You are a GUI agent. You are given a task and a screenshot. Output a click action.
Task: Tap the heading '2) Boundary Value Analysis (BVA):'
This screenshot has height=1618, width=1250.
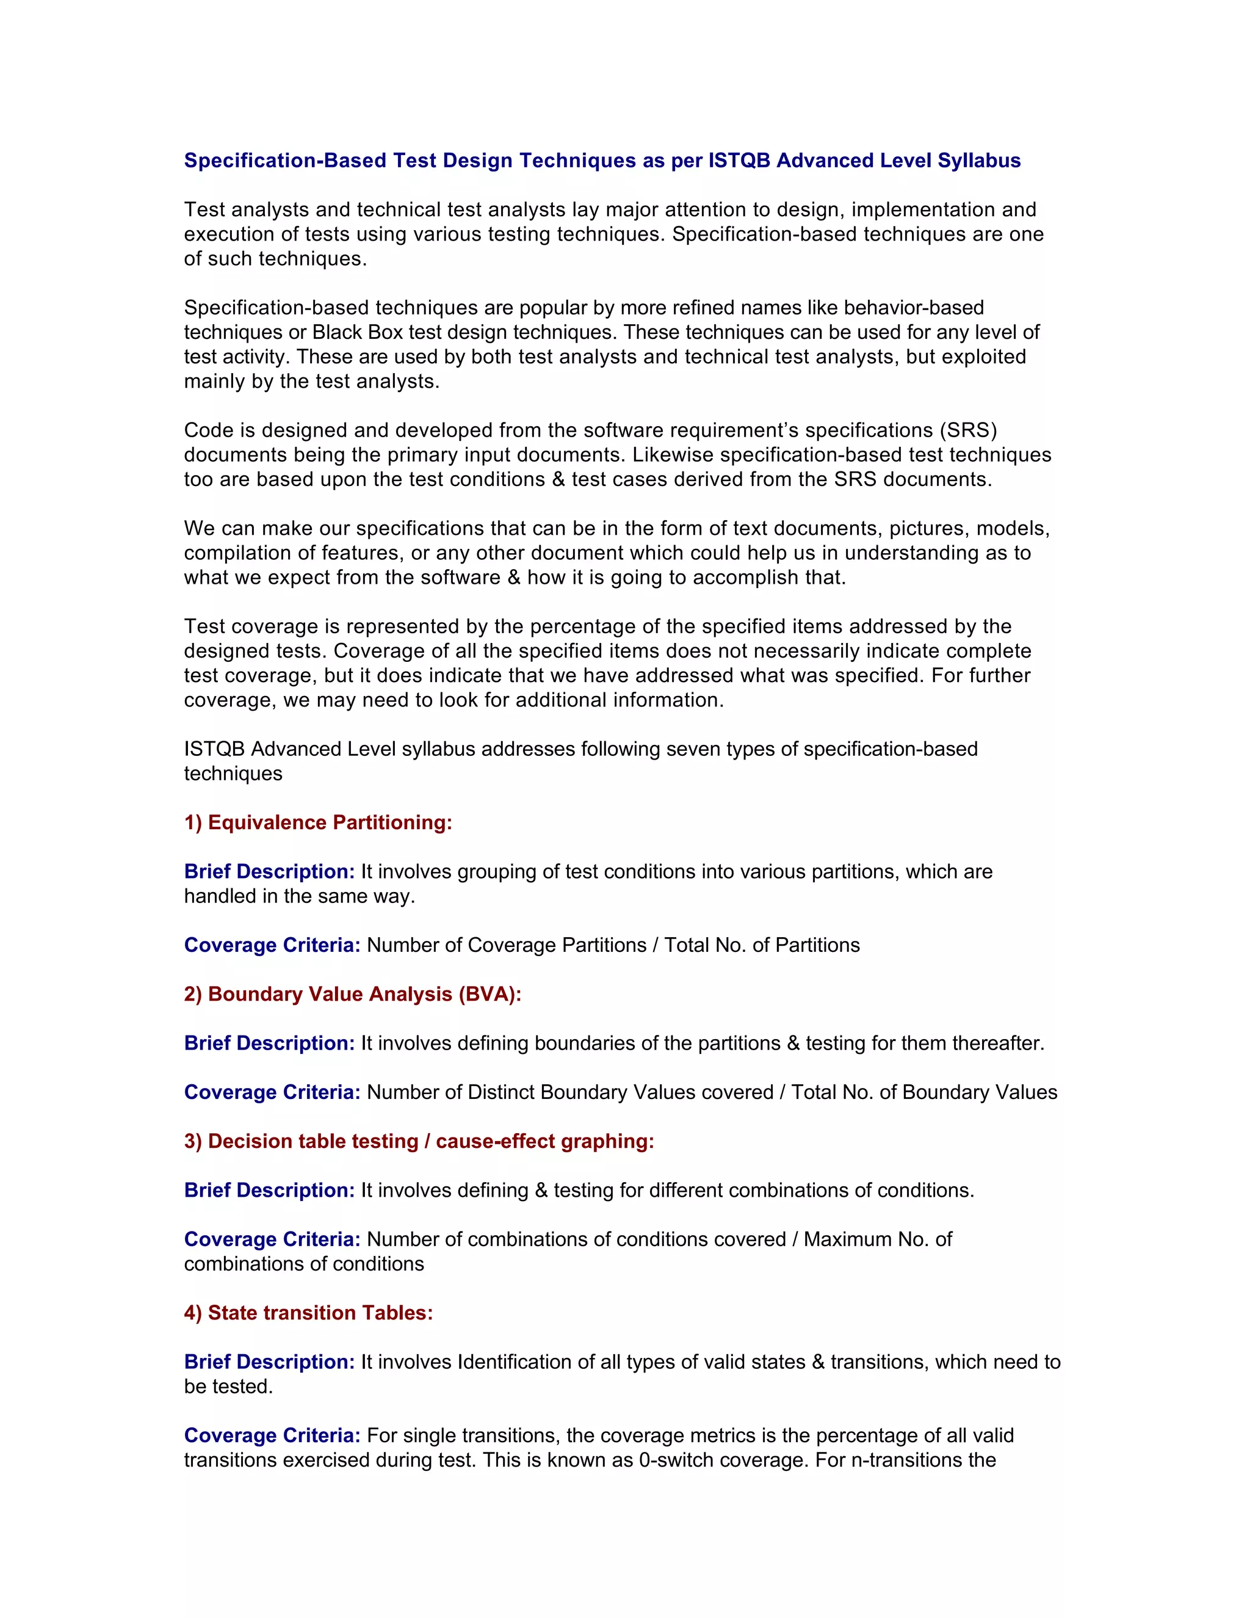pos(353,994)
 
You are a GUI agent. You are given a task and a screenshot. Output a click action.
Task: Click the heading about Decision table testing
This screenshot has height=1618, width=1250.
pos(419,1141)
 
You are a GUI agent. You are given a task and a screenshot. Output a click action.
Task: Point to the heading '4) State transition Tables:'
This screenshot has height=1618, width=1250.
pos(308,1313)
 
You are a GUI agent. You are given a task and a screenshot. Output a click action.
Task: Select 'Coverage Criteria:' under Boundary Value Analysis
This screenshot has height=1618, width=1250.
pos(272,1092)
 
